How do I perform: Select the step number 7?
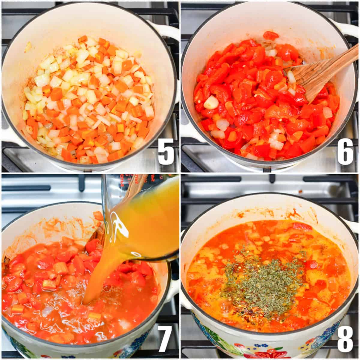[165, 338]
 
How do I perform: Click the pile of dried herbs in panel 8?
[264, 279]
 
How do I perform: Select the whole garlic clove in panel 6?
[211, 102]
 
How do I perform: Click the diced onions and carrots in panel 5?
[90, 99]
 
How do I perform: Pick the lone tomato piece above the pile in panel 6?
[271, 35]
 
